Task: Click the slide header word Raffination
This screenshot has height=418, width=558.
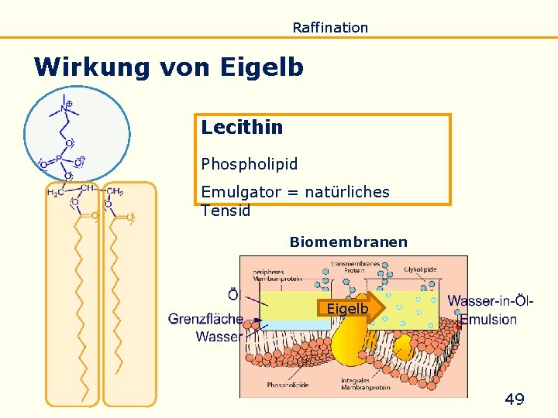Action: [x=330, y=28]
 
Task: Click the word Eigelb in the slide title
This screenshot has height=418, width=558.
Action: [x=262, y=67]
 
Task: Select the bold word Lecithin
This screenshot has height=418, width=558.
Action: [x=242, y=127]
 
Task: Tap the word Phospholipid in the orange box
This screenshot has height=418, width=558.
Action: [x=250, y=164]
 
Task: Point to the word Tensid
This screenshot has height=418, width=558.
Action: [x=226, y=211]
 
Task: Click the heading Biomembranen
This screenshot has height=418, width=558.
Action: [x=348, y=242]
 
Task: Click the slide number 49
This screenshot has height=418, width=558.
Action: [x=515, y=399]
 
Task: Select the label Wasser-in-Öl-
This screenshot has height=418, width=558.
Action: [x=490, y=300]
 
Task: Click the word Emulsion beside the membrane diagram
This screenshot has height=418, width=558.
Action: [x=488, y=319]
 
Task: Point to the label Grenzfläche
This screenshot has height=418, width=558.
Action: [x=205, y=318]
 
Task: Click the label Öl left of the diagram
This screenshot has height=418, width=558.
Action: [x=233, y=295]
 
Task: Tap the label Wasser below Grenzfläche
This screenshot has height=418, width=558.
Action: [x=219, y=337]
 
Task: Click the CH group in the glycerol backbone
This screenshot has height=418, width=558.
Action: [x=88, y=188]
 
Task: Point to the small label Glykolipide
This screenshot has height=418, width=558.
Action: [x=419, y=270]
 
